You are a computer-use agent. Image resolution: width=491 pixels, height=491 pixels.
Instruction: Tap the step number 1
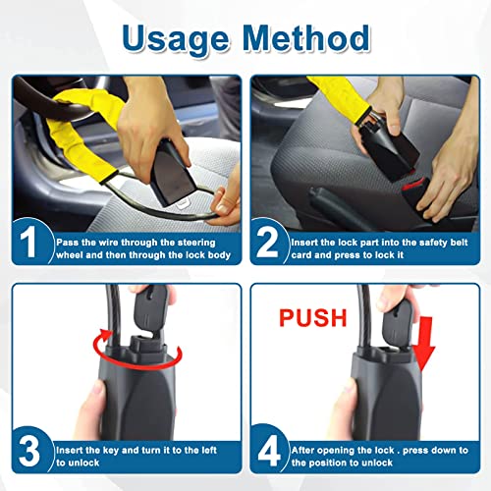32,242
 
